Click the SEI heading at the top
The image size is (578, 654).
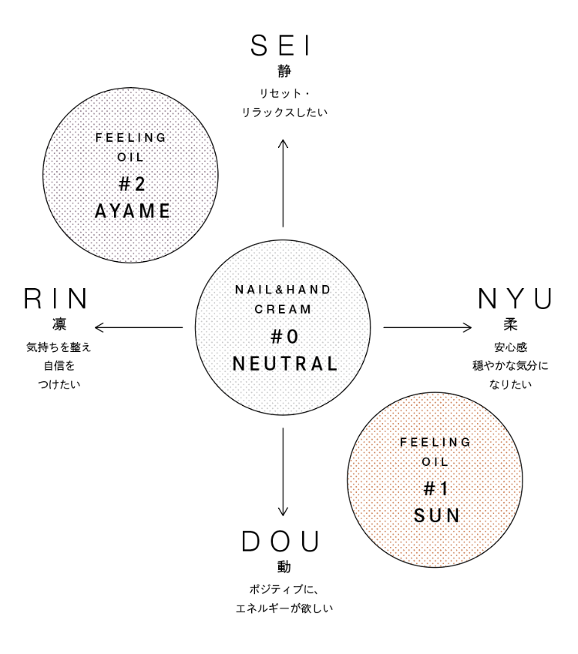click(281, 46)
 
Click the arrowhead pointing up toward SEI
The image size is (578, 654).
click(284, 143)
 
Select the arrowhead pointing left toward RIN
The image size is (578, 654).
click(99, 327)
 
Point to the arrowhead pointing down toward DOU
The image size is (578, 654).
click(284, 511)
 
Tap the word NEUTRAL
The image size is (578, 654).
click(284, 364)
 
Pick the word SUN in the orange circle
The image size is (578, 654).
click(437, 515)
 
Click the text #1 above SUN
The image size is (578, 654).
click(437, 488)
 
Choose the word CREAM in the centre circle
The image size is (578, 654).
click(284, 308)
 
